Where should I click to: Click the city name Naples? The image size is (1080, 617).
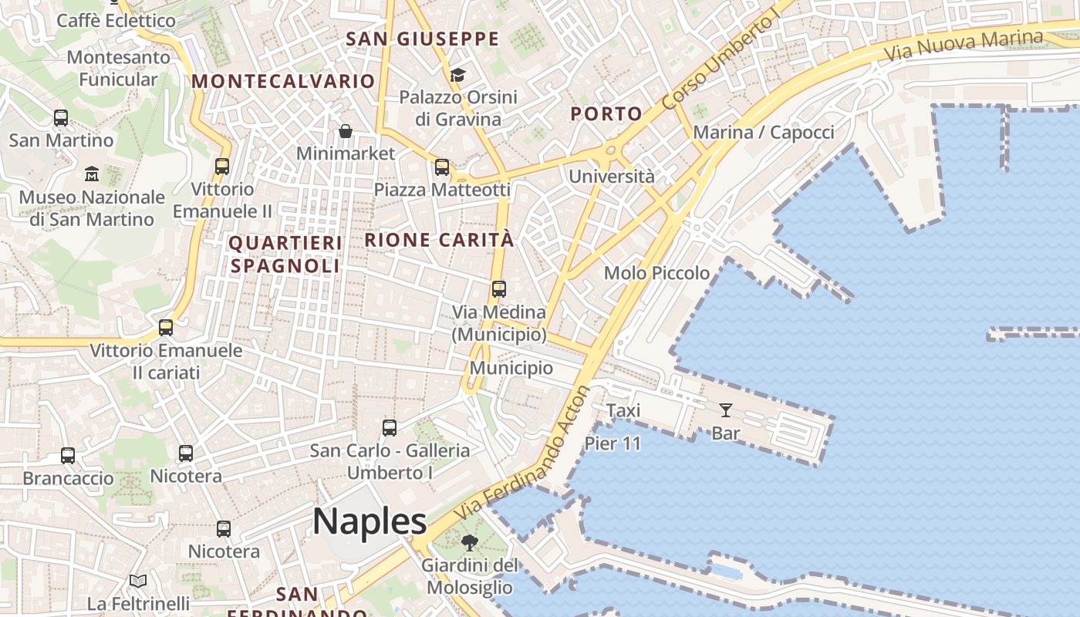[370, 521]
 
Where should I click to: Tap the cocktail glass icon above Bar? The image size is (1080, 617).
[726, 410]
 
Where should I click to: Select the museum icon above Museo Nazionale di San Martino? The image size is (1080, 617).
[92, 174]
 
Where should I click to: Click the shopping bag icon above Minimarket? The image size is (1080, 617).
[346, 131]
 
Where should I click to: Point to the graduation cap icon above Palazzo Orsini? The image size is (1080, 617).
[458, 75]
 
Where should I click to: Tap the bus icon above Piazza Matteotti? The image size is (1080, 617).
[442, 167]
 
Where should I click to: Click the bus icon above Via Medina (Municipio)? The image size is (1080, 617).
[499, 289]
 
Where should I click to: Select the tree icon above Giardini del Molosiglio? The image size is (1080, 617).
[469, 543]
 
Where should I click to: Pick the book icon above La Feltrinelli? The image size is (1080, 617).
[138, 581]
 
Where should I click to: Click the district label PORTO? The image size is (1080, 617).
[606, 114]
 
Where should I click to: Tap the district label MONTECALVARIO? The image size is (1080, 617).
[283, 81]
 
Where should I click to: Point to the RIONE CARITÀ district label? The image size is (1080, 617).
[439, 240]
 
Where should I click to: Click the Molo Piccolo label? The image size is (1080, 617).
[656, 273]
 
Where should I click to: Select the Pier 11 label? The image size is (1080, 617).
[613, 443]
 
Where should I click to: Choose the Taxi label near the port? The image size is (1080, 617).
[623, 410]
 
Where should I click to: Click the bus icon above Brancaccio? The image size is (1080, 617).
[68, 455]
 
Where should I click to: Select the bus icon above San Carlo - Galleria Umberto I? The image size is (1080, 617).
[390, 427]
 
